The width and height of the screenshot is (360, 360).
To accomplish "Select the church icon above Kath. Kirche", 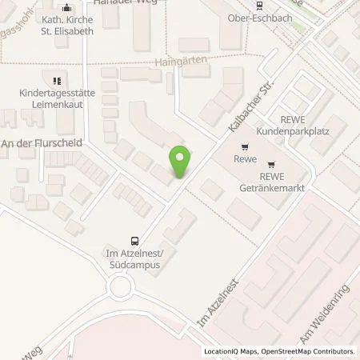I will (66, 9).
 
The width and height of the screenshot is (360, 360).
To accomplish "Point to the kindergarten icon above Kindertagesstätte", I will (56, 81).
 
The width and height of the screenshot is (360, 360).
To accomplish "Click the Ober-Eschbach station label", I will (280, 16).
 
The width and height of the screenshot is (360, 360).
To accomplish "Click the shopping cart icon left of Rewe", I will (245, 146).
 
